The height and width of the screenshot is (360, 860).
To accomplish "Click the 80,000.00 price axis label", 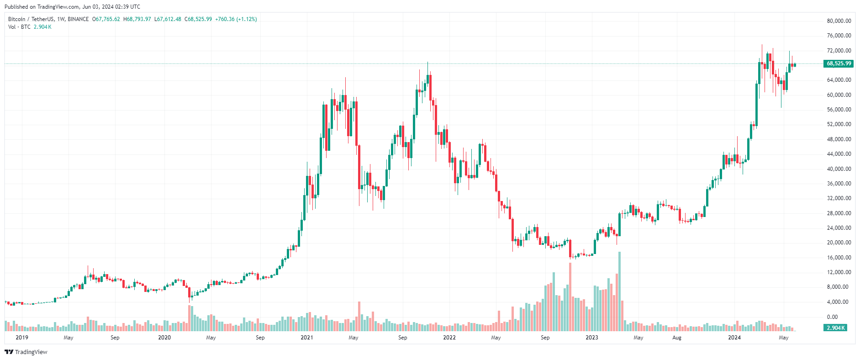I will coord(839,21).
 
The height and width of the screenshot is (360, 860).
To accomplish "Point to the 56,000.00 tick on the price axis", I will coord(839,110).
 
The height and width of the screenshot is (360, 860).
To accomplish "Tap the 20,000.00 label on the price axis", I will coord(839,243).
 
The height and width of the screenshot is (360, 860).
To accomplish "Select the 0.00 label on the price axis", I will coord(833,317).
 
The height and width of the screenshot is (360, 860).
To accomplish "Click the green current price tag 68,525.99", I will coord(839,64).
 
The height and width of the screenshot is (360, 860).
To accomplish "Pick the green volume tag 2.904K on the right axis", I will coord(836,328).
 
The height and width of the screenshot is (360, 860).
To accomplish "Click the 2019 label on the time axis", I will coord(22,338).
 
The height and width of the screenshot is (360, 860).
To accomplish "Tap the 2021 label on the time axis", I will coord(307,338).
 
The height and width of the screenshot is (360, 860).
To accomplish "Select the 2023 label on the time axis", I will coord(592,338).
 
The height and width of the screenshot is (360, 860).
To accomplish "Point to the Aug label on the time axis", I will coord(677,338).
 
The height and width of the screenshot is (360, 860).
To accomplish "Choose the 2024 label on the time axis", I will coord(734,338).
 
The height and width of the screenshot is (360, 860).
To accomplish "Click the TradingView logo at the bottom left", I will coord(26,352).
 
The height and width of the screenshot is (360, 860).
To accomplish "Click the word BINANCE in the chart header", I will coord(78,19).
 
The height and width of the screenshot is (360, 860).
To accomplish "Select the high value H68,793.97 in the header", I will coord(137,19).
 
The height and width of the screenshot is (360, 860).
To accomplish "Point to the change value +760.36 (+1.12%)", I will coord(236,19).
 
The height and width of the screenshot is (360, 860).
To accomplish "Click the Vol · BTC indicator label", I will coord(19,27).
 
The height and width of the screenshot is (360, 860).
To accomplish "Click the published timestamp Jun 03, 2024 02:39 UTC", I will coord(111,7).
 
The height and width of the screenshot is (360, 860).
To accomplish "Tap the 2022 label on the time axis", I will coord(449,338).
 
